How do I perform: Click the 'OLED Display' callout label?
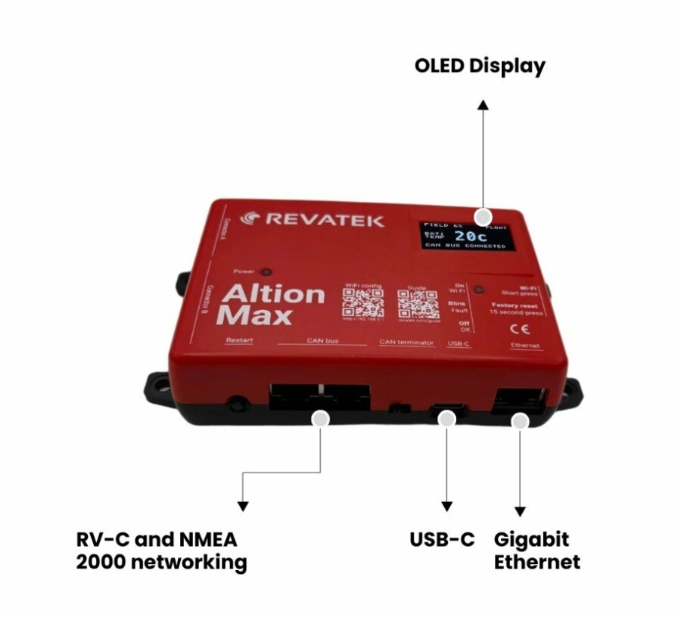pyautogui.click(x=479, y=66)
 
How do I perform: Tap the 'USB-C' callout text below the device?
pyautogui.click(x=443, y=540)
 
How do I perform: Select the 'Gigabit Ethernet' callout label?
pyautogui.click(x=536, y=550)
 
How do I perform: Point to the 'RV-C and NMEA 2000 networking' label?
pyautogui.click(x=161, y=550)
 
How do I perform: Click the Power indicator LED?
pyautogui.click(x=266, y=272)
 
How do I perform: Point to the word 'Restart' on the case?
pyautogui.click(x=238, y=340)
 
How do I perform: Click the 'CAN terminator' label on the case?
pyautogui.click(x=406, y=343)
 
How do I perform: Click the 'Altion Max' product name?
pyautogui.click(x=263, y=304)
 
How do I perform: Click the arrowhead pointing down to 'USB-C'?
pyautogui.click(x=447, y=505)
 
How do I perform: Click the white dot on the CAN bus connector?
pyautogui.click(x=321, y=417)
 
